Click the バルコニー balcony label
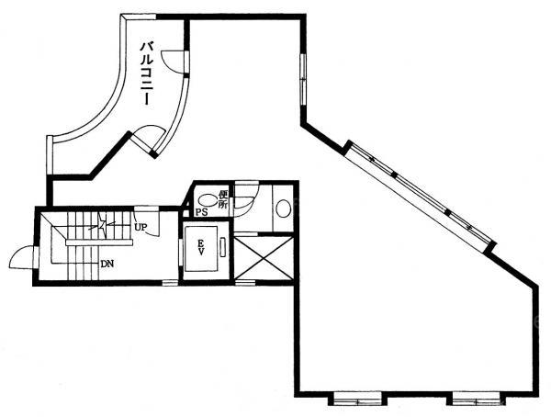tap(147, 73)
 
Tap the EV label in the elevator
tap(200, 247)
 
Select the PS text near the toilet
tap(200, 212)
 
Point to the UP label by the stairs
tap(141, 227)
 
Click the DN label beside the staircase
tap(107, 264)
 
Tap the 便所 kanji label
tap(222, 199)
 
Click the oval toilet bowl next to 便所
tap(208, 201)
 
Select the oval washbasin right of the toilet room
tap(283, 208)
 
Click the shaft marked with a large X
tap(264, 258)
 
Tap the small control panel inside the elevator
tap(223, 248)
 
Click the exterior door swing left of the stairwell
tap(22, 258)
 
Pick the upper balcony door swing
tap(173, 62)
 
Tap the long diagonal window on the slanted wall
tap(421, 197)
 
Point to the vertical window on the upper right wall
tap(303, 80)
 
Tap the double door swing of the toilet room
tap(246, 198)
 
